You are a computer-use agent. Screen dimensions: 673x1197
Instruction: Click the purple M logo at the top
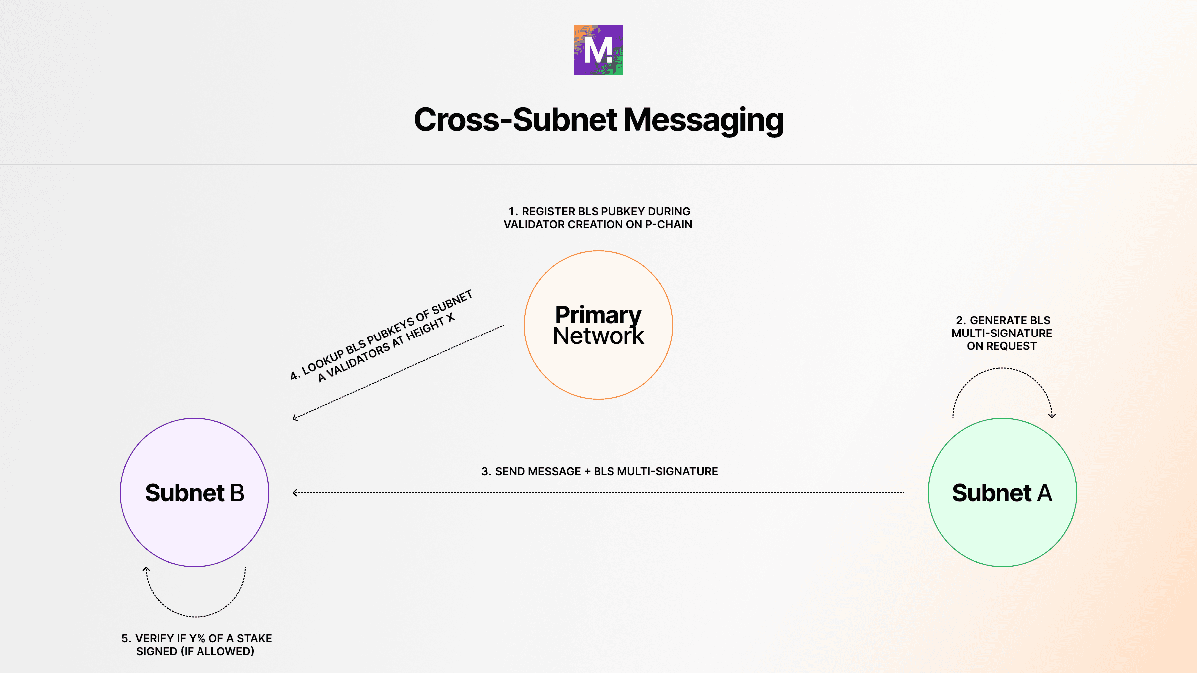pyautogui.click(x=598, y=50)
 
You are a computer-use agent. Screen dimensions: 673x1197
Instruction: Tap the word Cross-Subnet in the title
pyautogui.click(x=515, y=120)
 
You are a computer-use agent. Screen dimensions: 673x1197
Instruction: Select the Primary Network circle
pyautogui.click(x=598, y=325)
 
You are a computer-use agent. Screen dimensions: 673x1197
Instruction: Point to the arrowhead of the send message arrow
pyautogui.click(x=295, y=493)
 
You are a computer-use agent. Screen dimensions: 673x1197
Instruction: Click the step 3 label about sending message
pyautogui.click(x=599, y=471)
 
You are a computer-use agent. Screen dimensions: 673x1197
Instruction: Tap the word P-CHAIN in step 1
pyautogui.click(x=668, y=225)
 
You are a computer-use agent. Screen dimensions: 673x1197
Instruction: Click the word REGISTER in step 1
pyautogui.click(x=548, y=212)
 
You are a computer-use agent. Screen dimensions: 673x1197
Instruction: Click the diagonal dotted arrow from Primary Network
pyautogui.click(x=399, y=371)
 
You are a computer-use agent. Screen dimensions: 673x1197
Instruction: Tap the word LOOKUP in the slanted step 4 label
pyautogui.click(x=323, y=361)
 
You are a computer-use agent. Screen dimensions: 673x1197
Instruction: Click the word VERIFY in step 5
pyautogui.click(x=154, y=639)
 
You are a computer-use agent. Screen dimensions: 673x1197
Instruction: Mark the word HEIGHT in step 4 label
pyautogui.click(x=425, y=330)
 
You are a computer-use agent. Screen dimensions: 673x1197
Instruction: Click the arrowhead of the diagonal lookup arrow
pyautogui.click(x=295, y=418)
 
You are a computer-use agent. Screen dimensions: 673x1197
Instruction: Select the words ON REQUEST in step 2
pyautogui.click(x=1001, y=346)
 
